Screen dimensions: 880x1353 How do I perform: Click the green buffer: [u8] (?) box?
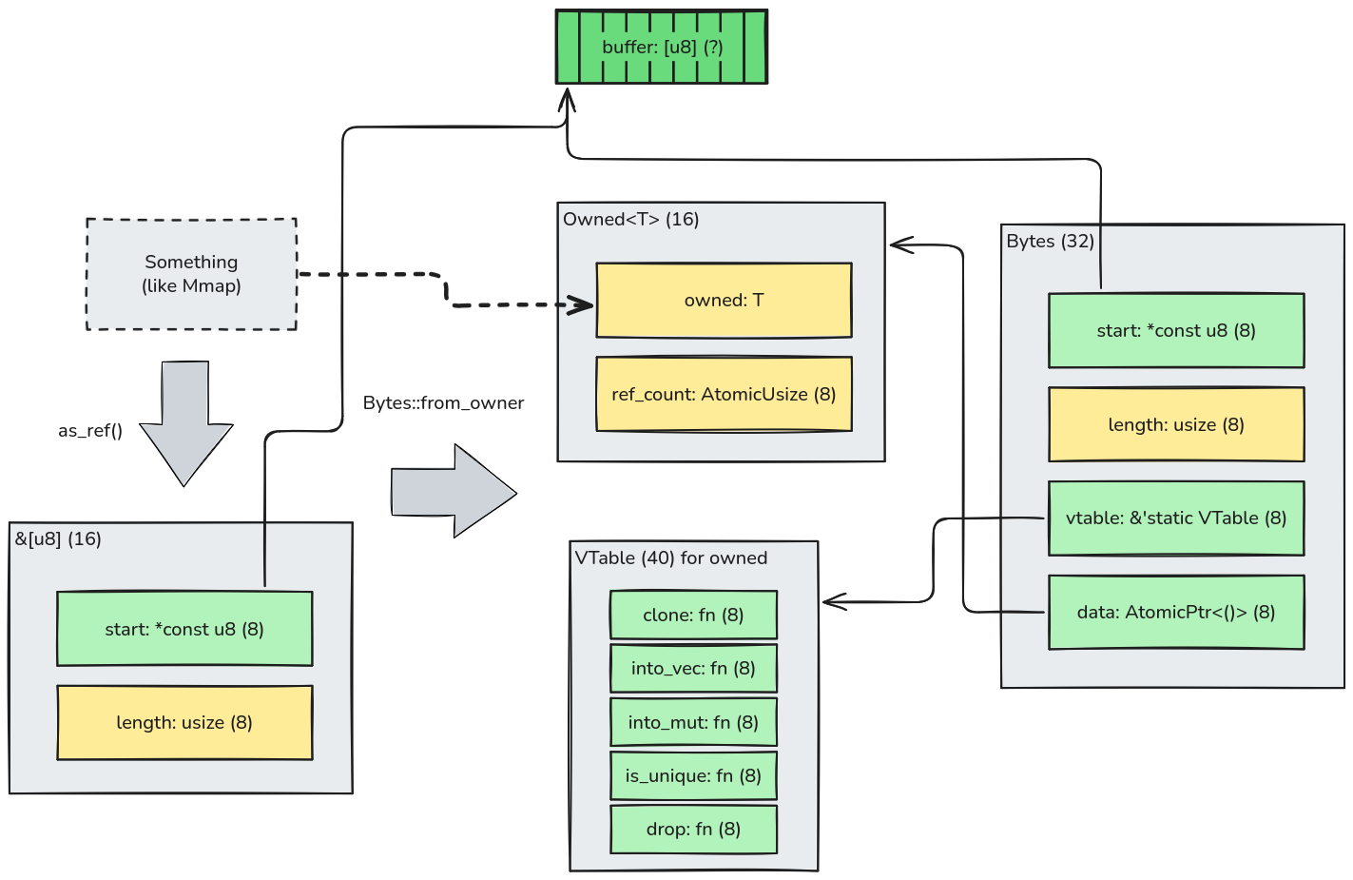[661, 47]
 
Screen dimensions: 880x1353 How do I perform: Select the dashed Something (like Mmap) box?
[191, 274]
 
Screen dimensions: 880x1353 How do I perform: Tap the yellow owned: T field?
[724, 301]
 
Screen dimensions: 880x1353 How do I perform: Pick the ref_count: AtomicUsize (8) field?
[724, 394]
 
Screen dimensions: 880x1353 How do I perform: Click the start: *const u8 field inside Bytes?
[1176, 330]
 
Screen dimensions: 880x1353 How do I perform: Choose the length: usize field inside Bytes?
[1176, 424]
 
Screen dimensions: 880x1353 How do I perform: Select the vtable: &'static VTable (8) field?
[1176, 518]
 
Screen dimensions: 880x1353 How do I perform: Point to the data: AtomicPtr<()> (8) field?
[1176, 612]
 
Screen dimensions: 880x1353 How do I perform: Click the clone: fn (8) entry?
[693, 615]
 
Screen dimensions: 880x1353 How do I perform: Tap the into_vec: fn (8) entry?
[693, 668]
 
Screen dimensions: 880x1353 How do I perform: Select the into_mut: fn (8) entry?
[693, 722]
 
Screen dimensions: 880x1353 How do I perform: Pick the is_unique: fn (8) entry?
[693, 775]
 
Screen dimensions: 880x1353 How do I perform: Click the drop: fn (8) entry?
[693, 829]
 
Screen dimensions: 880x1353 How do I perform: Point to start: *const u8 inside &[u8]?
[184, 629]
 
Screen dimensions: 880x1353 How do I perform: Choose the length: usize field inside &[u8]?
[184, 722]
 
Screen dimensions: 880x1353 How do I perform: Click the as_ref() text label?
[90, 431]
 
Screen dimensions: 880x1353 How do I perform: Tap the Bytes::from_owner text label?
[443, 402]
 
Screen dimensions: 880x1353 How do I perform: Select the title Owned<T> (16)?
[630, 220]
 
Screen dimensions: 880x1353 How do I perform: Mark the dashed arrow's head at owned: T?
[585, 305]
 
